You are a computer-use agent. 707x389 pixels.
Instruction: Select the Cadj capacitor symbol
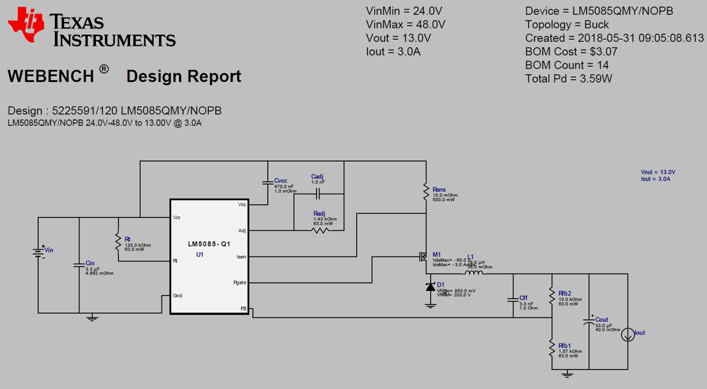click(318, 194)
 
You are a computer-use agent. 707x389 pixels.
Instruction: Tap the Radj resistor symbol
click(320, 230)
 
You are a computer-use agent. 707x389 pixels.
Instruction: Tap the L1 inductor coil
click(475, 273)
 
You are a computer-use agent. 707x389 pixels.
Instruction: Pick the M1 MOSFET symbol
click(422, 257)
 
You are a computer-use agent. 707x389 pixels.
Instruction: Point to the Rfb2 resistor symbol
click(551, 296)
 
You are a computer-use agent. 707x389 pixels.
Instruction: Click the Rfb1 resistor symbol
click(551, 349)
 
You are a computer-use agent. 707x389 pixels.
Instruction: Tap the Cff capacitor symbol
click(513, 300)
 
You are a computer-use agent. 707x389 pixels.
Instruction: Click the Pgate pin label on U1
click(239, 283)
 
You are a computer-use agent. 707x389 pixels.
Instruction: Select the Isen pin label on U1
click(241, 257)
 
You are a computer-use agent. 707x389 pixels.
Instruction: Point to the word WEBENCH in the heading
click(51, 77)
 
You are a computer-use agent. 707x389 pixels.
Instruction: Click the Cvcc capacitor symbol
click(267, 182)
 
